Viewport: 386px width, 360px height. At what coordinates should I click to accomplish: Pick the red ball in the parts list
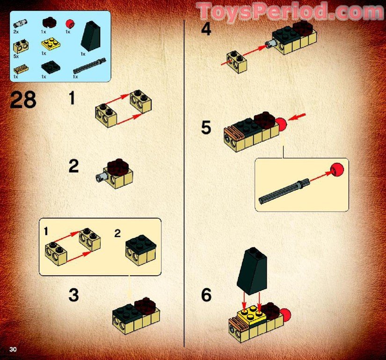70,23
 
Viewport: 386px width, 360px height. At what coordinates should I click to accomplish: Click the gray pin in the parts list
20,23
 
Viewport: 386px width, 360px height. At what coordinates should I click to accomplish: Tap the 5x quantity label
16,55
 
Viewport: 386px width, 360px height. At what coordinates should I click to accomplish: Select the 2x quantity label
16,32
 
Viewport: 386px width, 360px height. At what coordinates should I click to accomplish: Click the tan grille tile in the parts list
21,68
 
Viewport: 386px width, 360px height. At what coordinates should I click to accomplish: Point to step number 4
206,30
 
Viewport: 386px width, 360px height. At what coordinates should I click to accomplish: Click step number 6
206,295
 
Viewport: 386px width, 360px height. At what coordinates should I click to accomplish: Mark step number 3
73,295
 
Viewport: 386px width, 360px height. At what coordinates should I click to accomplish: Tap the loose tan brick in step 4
237,62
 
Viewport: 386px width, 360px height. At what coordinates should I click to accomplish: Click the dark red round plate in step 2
117,167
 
